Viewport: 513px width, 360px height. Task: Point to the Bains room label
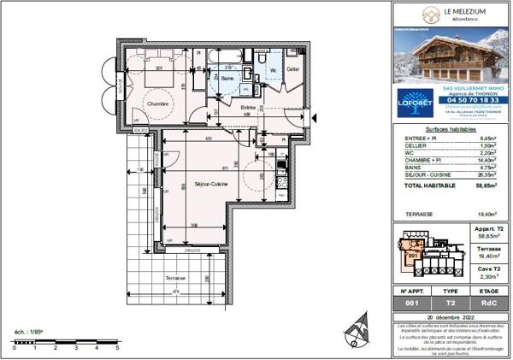[x=227, y=78]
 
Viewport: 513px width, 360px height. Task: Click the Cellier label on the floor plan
[x=292, y=68]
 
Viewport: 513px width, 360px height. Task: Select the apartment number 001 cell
[x=412, y=304]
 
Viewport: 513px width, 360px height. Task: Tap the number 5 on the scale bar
[x=117, y=349]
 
